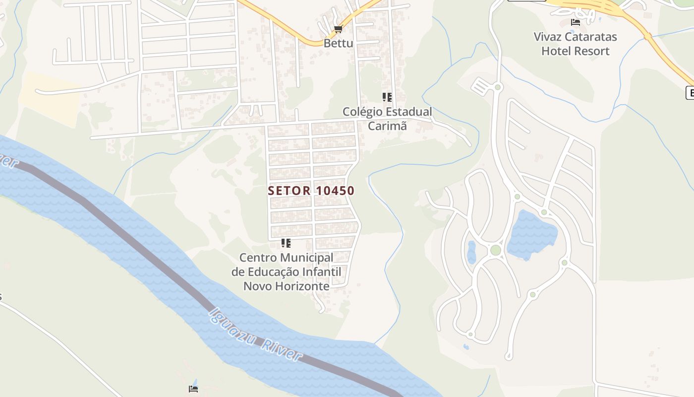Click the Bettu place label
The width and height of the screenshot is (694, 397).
tap(338, 43)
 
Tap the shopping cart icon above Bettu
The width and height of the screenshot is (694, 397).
tap(338, 29)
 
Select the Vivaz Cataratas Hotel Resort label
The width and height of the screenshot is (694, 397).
tap(575, 44)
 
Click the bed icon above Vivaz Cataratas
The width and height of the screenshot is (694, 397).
tap(575, 22)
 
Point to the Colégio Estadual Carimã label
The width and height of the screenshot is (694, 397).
tap(387, 119)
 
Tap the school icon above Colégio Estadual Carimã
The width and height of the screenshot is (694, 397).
tap(387, 97)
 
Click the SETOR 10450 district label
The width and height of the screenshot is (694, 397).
tap(311, 191)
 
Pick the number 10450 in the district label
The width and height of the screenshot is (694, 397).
tap(334, 191)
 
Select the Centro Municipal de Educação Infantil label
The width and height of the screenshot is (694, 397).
tap(286, 272)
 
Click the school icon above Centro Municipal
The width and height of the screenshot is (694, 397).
tap(286, 243)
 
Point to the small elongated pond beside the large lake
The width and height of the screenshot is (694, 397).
tap(471, 252)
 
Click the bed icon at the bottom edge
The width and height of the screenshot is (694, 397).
tap(193, 389)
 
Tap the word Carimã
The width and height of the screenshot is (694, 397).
tap(387, 126)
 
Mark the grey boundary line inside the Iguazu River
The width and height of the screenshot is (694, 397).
tap(149, 248)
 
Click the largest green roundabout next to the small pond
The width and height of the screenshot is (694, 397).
tap(495, 250)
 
